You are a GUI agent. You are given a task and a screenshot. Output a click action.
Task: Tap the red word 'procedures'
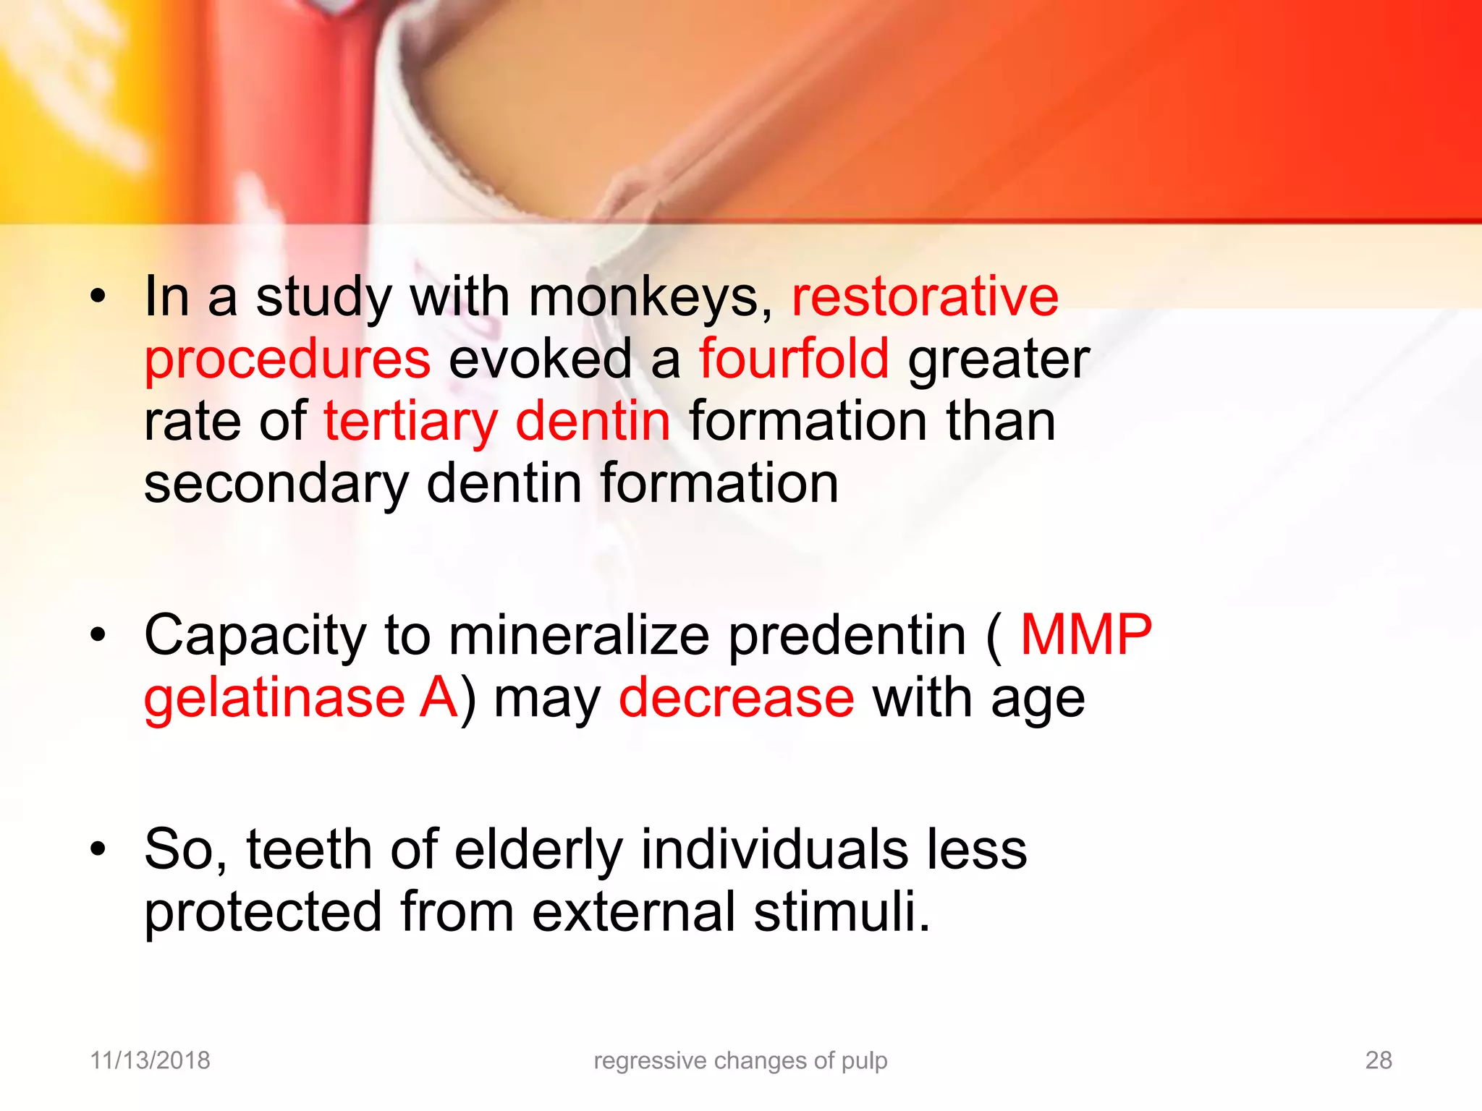pos(287,360)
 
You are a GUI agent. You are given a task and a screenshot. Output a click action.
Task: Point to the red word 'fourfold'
pos(794,359)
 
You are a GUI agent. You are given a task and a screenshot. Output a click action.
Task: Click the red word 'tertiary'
pos(410,422)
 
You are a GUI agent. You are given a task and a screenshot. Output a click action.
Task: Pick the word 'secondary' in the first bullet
pos(276,485)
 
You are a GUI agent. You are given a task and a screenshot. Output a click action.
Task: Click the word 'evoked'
pos(541,359)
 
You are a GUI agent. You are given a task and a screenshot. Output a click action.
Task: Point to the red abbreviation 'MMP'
pos(1085,635)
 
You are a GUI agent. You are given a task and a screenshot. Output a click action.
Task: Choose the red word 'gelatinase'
pos(274,698)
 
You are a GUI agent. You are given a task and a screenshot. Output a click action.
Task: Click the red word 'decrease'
pos(737,698)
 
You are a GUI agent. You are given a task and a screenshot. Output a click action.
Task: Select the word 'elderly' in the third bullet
pos(538,850)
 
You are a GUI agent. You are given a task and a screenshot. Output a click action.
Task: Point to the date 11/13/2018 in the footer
pos(150,1060)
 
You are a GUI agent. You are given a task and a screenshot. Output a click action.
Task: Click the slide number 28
pos(1378,1060)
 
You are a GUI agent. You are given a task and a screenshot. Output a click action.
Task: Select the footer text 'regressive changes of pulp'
pos(740,1060)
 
